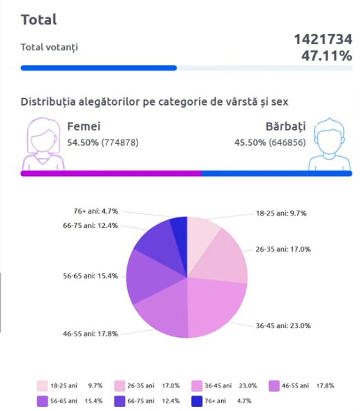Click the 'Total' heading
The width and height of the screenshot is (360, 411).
tap(39, 20)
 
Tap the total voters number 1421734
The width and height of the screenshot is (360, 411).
tap(323, 39)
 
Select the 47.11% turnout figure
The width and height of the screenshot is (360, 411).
tap(327, 55)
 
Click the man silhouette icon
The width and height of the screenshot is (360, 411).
tap(329, 144)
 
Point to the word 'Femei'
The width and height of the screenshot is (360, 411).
tap(84, 127)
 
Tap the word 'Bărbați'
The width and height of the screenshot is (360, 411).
tap(285, 127)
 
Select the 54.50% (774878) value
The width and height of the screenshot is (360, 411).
tap(103, 143)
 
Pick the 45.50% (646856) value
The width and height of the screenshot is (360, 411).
tap(270, 143)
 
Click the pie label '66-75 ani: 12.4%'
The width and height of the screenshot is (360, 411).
tap(90, 225)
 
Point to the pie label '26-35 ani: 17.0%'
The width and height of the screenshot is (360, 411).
tap(283, 249)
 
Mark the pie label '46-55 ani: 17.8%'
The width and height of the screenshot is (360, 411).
tap(90, 334)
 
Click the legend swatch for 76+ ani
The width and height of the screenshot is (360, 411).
tap(197, 401)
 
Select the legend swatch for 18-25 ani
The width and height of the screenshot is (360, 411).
tap(42, 386)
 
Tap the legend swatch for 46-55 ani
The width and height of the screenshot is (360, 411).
tap(274, 386)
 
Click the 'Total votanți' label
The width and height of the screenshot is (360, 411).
tap(49, 47)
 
